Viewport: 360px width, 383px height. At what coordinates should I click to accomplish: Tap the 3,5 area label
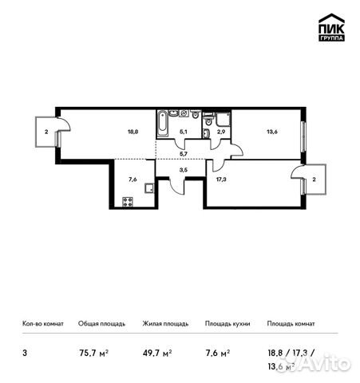(x=183, y=170)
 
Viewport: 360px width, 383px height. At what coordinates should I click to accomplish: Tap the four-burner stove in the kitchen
(x=127, y=202)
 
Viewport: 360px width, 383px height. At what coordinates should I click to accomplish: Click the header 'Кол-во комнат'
(x=41, y=324)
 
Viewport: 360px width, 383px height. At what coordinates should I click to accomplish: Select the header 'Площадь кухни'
(x=227, y=324)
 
